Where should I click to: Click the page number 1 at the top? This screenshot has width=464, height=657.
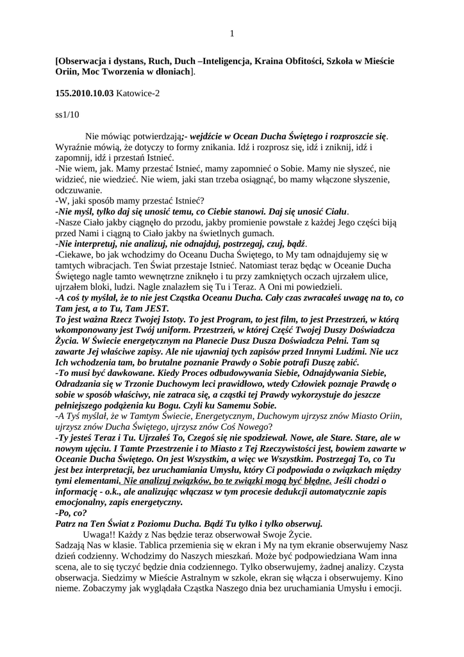(x=232, y=33)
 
